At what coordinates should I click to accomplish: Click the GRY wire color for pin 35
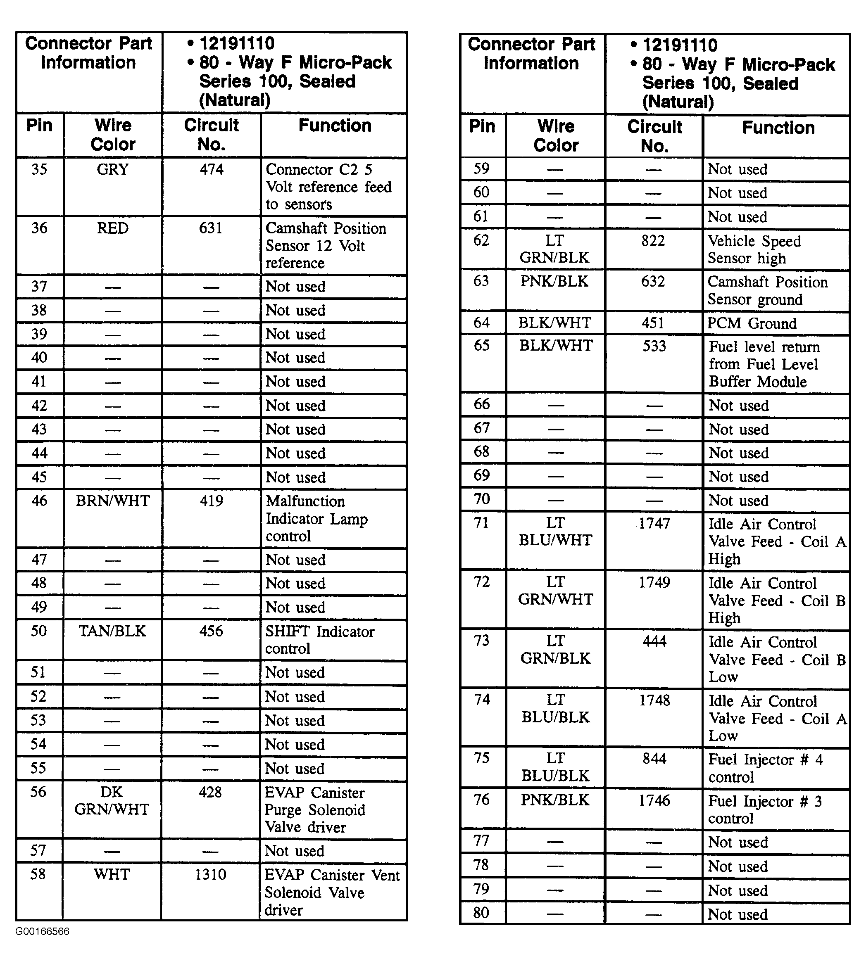tap(113, 170)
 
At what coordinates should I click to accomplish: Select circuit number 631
tap(211, 228)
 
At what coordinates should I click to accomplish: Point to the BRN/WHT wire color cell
tap(113, 501)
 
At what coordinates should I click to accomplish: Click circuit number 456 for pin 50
tap(211, 631)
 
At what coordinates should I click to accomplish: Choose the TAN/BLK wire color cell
tap(113, 631)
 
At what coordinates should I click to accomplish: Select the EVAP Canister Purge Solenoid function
tap(314, 809)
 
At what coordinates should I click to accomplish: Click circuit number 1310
tap(210, 874)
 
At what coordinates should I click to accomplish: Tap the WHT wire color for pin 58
tap(112, 874)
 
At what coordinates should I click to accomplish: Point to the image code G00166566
tap(42, 931)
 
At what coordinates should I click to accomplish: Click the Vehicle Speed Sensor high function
tap(754, 249)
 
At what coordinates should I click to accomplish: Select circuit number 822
tap(653, 241)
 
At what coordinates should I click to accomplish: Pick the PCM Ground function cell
tap(752, 323)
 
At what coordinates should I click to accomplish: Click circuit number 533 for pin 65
tap(654, 346)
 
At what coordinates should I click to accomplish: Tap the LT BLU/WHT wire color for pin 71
tap(555, 532)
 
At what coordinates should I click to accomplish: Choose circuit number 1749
tap(654, 583)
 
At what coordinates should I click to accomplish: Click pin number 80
tap(481, 913)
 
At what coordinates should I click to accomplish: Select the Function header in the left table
tap(335, 126)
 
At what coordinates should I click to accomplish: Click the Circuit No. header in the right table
tap(655, 136)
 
